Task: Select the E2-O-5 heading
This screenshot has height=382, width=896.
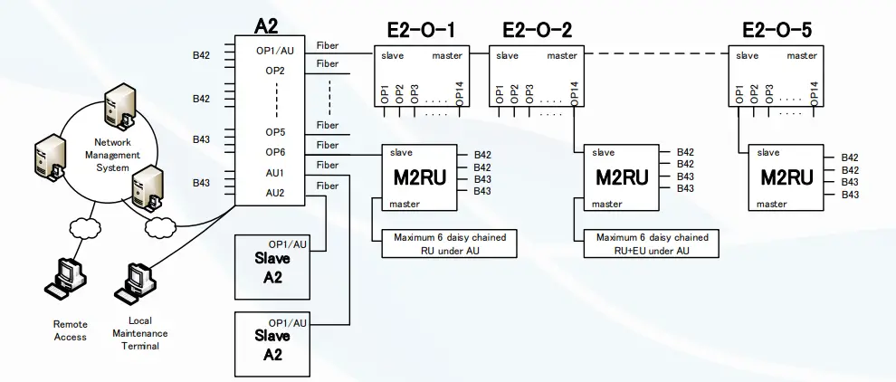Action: coord(776,31)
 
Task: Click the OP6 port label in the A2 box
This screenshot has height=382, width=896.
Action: coord(275,151)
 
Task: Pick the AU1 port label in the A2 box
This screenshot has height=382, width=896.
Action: coord(275,172)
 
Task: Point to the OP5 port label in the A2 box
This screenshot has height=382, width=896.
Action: coord(275,132)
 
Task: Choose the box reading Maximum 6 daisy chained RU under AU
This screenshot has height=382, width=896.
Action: coord(443,244)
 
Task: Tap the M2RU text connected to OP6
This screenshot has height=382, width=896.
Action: coord(419,177)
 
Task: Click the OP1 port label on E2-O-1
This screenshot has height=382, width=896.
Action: coord(383,94)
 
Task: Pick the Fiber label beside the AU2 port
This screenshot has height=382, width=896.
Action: coord(327,186)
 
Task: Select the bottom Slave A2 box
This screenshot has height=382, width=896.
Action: coord(272,344)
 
